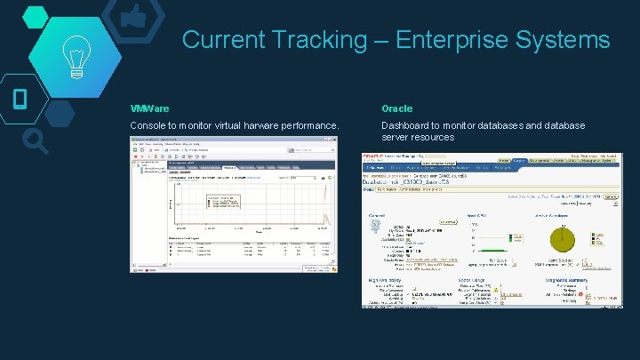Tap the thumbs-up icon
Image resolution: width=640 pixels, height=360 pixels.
point(133,16)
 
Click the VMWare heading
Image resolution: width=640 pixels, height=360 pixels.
point(149,108)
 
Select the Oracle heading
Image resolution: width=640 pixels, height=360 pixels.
point(397,108)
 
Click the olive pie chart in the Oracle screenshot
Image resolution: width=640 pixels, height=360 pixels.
point(564,238)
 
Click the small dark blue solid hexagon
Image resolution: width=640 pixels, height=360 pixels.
point(60,112)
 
